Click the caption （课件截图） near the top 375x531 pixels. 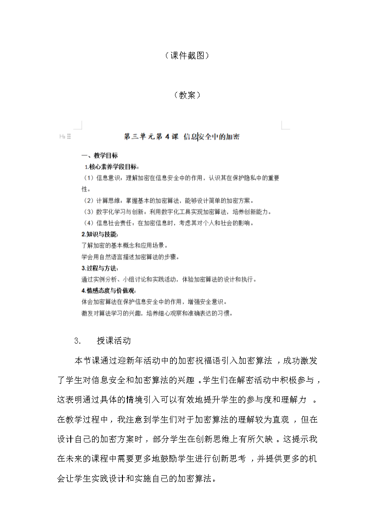(x=187, y=56)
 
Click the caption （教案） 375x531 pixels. (x=187, y=95)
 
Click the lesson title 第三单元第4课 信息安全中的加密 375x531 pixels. (x=182, y=137)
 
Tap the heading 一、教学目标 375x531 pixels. (x=96, y=156)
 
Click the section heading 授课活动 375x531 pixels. (x=114, y=341)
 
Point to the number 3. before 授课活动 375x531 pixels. (x=77, y=341)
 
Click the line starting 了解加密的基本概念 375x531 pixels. (x=122, y=246)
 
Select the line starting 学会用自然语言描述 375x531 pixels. (x=131, y=257)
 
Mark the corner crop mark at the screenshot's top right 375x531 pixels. (x=285, y=125)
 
